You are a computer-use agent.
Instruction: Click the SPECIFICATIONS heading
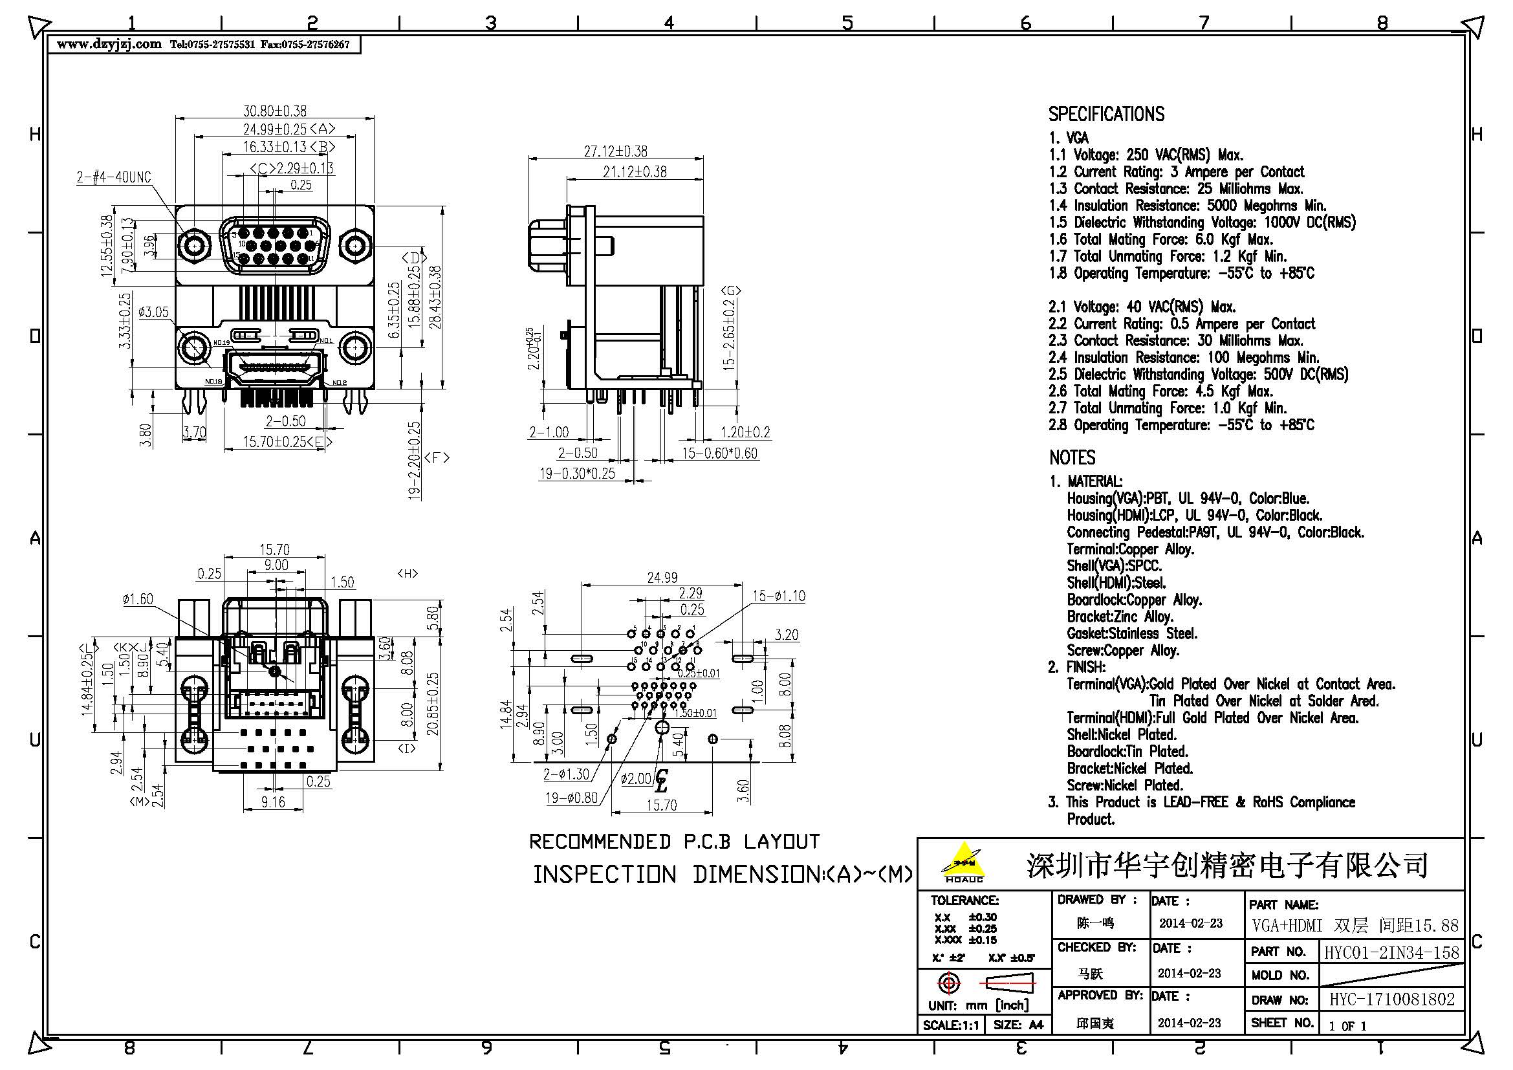tap(1105, 114)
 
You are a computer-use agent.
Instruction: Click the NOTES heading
tap(1071, 457)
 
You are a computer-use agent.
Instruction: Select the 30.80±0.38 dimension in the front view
tap(275, 111)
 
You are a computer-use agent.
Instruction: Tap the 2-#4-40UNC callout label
tap(113, 177)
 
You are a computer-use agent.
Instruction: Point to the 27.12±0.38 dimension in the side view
tap(615, 151)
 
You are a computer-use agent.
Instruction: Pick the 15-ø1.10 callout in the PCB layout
tap(778, 596)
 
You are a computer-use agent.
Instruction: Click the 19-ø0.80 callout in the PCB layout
tap(571, 798)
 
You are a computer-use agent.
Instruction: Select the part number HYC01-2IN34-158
tap(1391, 952)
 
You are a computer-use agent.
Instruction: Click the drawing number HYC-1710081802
tap(1391, 999)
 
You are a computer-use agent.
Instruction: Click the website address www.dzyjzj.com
tap(109, 44)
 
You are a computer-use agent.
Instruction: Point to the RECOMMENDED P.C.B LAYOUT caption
tap(674, 842)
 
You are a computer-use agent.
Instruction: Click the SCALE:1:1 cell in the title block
tap(950, 1025)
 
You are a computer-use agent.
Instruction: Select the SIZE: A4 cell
tap(1018, 1025)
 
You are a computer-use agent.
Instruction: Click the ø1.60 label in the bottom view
tap(137, 599)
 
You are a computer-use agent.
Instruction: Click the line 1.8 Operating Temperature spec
tap(1181, 274)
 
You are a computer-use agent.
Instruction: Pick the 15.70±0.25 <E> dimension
tap(285, 441)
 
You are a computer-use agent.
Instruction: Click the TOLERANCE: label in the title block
tap(964, 900)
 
